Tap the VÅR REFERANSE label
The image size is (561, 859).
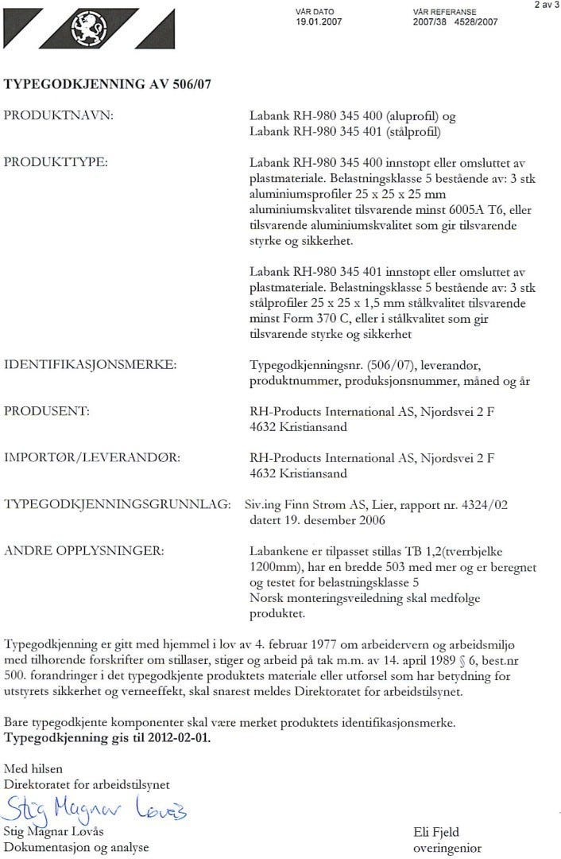(444, 13)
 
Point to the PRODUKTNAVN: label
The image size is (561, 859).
(60, 116)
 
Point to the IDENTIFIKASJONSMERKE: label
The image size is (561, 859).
(90, 365)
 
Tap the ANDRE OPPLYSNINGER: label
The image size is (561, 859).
(84, 550)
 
